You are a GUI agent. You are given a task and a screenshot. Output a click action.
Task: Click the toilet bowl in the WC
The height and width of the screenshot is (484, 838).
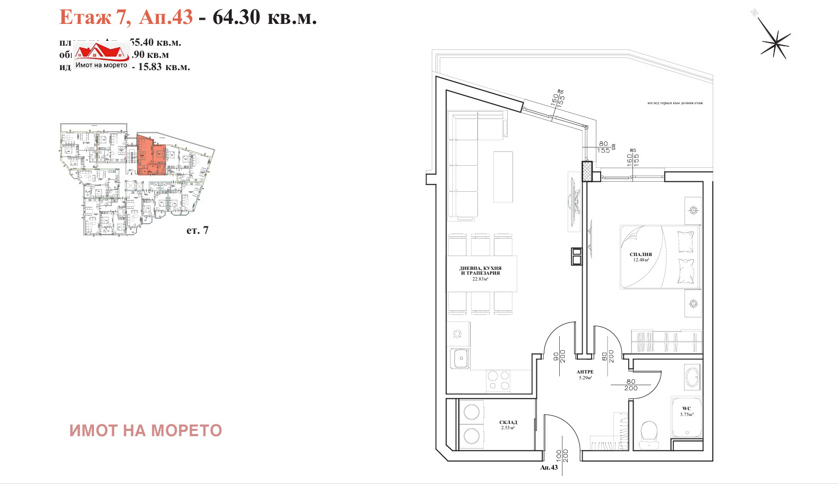pyautogui.click(x=649, y=432)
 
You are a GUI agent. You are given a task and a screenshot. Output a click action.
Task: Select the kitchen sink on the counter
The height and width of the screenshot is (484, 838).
pyautogui.click(x=459, y=358)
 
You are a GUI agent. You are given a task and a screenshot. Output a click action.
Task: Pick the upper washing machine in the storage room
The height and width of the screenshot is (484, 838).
pyautogui.click(x=472, y=412)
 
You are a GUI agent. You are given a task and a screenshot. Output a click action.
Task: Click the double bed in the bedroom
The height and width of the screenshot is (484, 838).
pyautogui.click(x=660, y=257)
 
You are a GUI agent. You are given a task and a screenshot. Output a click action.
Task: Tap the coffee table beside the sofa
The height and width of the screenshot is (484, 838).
pyautogui.click(x=503, y=177)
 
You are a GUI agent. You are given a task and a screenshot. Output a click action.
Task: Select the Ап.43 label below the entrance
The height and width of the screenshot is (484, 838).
pyautogui.click(x=549, y=468)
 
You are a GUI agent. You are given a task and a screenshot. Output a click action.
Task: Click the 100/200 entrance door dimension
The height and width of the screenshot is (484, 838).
pyautogui.click(x=562, y=455)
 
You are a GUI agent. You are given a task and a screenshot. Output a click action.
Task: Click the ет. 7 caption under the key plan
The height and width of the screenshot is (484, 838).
pyautogui.click(x=197, y=230)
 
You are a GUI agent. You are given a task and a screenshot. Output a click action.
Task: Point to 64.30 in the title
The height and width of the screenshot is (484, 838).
pyautogui.click(x=236, y=17)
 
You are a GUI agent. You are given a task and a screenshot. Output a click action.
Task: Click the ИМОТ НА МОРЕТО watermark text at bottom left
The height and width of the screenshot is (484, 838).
pyautogui.click(x=146, y=430)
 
